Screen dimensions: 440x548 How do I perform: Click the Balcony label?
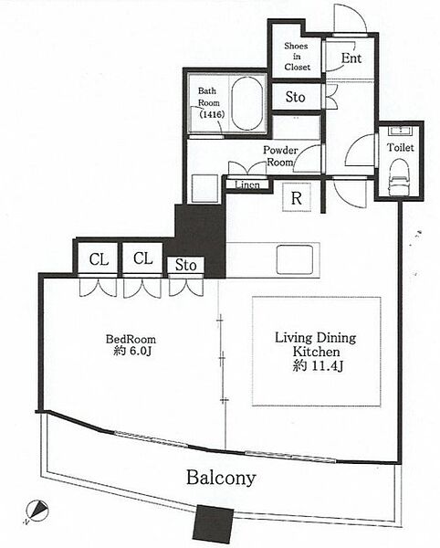[221, 478]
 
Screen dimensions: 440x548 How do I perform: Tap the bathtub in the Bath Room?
[247, 103]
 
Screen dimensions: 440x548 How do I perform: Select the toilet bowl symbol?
[400, 176]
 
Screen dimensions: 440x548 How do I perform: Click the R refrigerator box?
[297, 197]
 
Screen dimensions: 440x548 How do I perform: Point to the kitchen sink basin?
[295, 259]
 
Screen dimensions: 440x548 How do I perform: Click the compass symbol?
[37, 511]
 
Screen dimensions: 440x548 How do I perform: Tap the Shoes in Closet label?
[297, 57]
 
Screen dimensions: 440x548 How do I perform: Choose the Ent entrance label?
[351, 58]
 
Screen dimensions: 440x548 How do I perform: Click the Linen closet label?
[246, 184]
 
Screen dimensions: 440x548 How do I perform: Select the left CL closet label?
[99, 259]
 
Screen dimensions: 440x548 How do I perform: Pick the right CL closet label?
[142, 258]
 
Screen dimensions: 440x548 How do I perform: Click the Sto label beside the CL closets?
[185, 265]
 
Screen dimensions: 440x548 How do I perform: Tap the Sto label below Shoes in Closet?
[295, 97]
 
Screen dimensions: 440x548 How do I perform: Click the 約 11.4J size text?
[318, 365]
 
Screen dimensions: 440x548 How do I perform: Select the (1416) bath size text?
[212, 114]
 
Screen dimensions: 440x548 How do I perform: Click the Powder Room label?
[281, 156]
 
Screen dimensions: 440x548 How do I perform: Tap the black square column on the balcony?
[213, 523]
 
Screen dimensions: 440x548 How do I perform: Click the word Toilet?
[400, 147]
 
